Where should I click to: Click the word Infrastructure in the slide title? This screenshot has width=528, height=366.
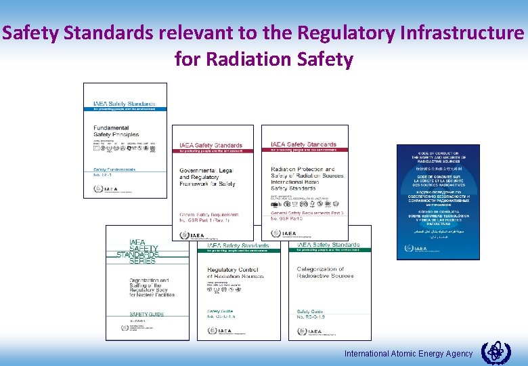point(460,33)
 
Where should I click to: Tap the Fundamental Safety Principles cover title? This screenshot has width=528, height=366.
point(111,131)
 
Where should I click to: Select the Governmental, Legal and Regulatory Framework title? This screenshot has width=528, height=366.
point(208,176)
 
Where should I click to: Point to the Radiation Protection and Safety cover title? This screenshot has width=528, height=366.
point(307,176)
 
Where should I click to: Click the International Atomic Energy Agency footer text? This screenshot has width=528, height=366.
point(408,354)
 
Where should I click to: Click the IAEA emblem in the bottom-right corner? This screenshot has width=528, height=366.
point(496,353)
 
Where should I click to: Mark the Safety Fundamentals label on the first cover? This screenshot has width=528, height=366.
point(114,169)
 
